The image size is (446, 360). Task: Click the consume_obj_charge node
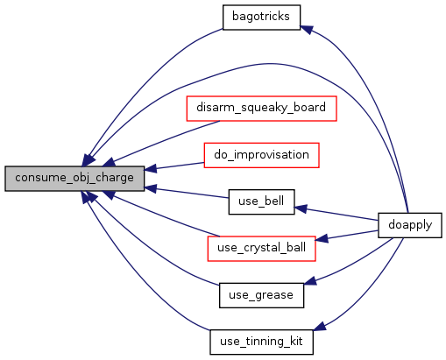coord(74,179)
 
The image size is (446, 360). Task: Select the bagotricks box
coord(261,18)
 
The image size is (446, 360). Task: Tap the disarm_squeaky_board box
coord(261,109)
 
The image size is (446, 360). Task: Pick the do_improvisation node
coord(261,155)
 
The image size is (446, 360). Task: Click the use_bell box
coord(261,201)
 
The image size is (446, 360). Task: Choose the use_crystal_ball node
coord(261,249)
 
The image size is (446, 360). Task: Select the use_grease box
coord(261,295)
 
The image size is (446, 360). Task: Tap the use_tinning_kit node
coord(261,342)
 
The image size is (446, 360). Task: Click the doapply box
coord(410,225)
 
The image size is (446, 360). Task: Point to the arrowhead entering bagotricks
coord(306,30)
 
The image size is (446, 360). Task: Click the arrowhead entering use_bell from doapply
coord(300,208)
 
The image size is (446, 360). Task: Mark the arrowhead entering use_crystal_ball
coord(322,238)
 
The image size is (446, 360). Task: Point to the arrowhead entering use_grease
coord(310,281)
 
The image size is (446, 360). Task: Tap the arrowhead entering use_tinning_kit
coord(319,327)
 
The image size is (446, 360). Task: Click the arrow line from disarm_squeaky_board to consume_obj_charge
coord(166,140)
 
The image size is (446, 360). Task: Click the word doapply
coord(410,225)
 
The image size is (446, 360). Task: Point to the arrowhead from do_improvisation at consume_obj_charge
coord(151,168)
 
